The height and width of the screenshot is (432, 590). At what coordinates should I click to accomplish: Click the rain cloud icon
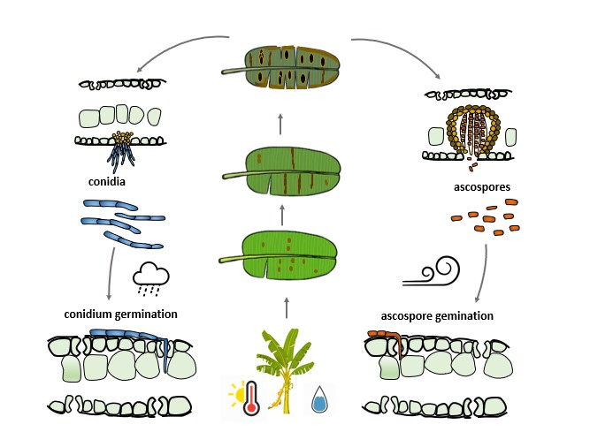(150, 277)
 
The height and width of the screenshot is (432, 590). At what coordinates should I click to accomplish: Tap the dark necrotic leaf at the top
(281, 67)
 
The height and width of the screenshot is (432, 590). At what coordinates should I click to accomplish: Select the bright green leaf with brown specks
(281, 254)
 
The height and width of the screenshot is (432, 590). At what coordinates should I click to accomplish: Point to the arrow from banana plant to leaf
(286, 307)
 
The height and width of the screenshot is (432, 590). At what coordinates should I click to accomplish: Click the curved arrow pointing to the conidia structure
(177, 49)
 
